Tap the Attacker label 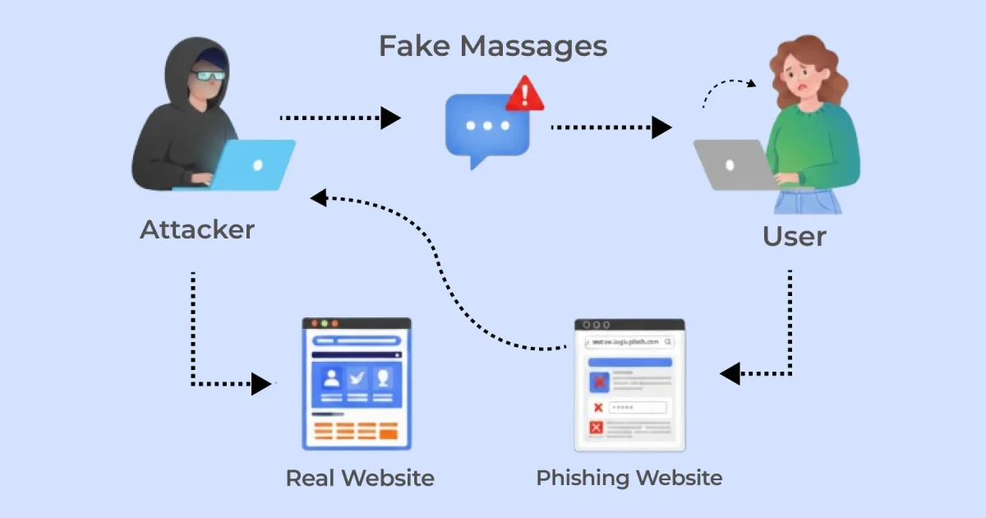click(197, 229)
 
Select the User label click(794, 237)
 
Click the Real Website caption click(360, 478)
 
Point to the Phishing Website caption click(629, 478)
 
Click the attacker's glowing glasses click(207, 76)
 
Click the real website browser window click(357, 383)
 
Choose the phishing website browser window click(629, 385)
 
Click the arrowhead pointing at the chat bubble click(391, 118)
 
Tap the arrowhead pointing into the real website click(261, 383)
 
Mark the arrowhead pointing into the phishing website click(730, 374)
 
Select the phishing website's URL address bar click(629, 341)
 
